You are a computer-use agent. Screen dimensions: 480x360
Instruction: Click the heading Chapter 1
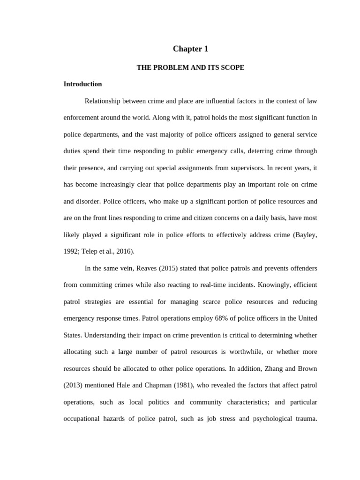coord(190,49)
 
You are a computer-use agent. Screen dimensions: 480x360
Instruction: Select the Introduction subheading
coord(82,84)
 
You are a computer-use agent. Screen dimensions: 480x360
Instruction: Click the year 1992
coord(71,251)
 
